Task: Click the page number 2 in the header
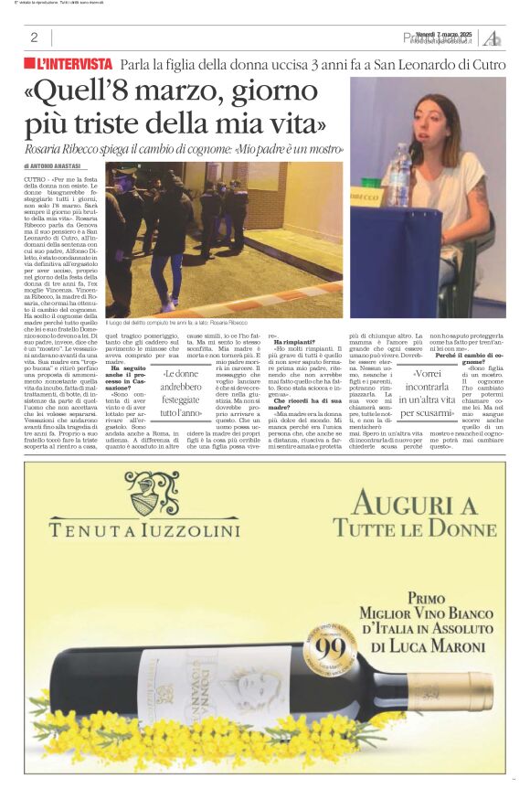pyautogui.click(x=34, y=37)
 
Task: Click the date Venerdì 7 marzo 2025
pyautogui.click(x=442, y=34)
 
